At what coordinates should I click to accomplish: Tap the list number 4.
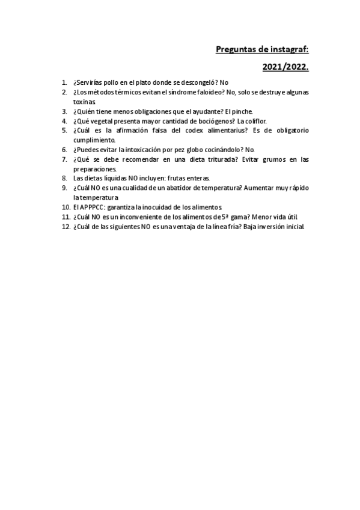click(x=65, y=121)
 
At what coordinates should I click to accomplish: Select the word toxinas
click(x=85, y=102)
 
